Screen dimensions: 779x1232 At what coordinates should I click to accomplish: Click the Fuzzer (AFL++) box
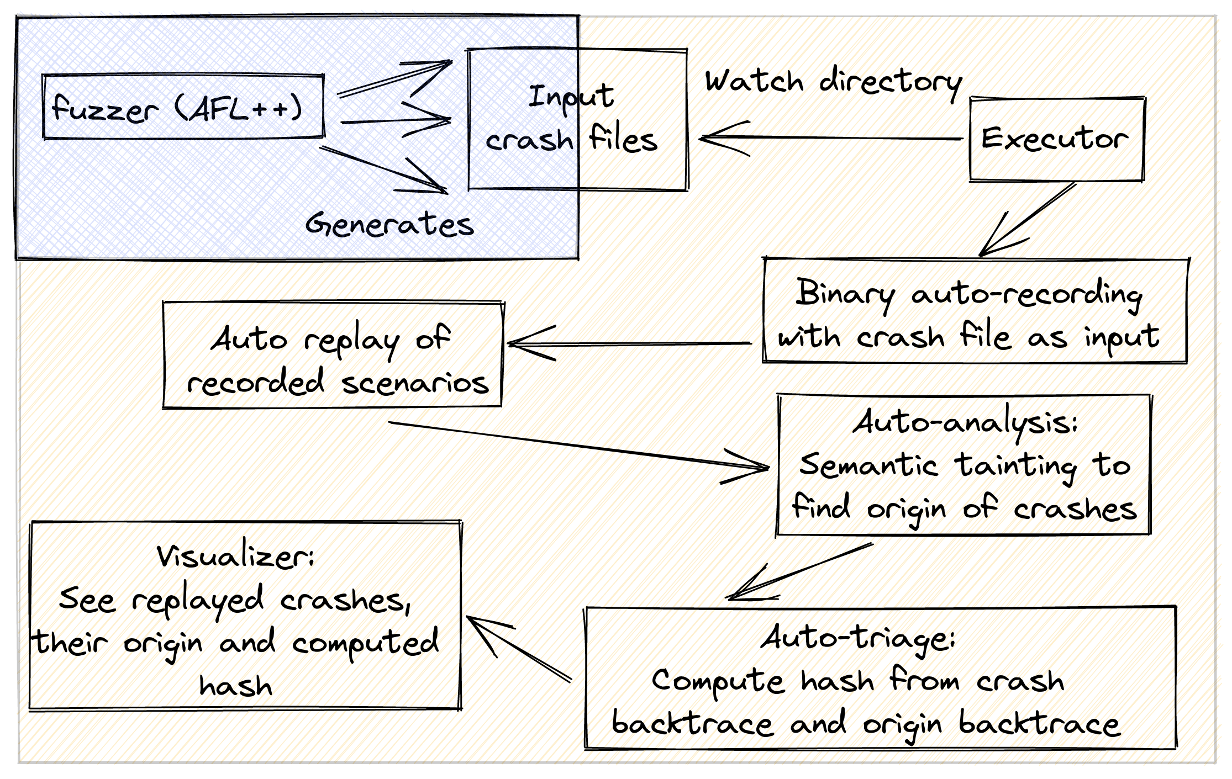[x=182, y=107]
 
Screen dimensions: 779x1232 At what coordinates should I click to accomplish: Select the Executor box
[x=1056, y=139]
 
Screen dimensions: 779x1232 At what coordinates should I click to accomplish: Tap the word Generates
[x=390, y=224]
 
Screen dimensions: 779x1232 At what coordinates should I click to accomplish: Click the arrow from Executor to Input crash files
[x=829, y=138]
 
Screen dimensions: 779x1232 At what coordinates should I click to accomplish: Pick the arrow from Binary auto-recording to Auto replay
[x=630, y=343]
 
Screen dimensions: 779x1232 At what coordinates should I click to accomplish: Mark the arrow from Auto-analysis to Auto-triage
[x=801, y=571]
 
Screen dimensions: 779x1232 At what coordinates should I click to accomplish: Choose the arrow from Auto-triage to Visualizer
[x=519, y=649]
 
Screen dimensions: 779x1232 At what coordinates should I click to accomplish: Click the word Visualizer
[x=235, y=557]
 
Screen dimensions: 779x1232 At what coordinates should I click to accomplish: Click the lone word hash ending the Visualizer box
[x=236, y=686]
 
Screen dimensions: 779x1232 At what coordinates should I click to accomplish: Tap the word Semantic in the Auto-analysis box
[x=868, y=465]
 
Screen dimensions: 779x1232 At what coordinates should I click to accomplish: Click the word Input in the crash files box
[x=571, y=97]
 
